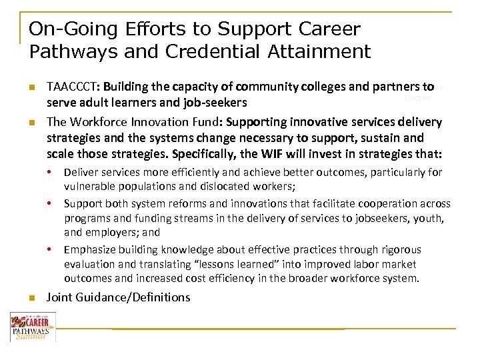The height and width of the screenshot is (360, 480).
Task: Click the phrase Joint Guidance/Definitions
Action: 118,297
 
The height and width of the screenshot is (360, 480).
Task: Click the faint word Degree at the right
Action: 418,98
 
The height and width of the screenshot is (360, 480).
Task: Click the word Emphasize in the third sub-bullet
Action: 89,249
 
